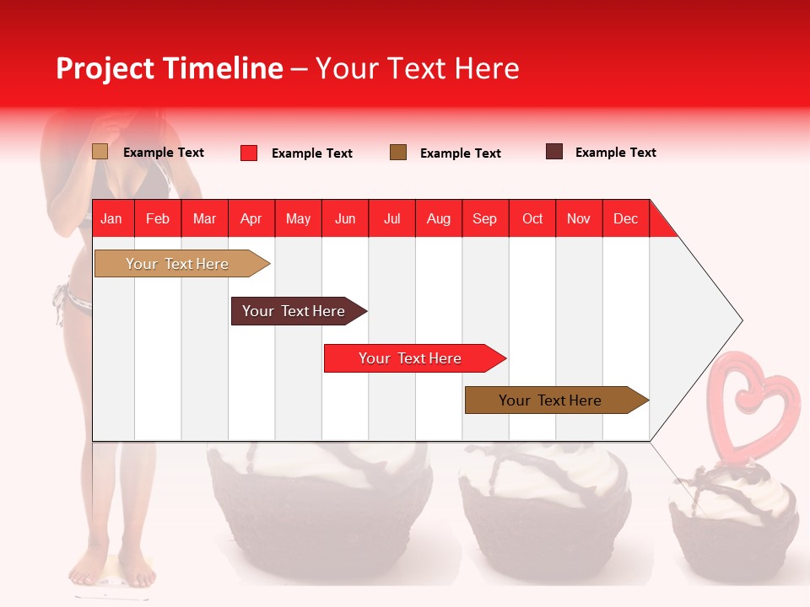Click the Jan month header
111,218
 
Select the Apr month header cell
251,218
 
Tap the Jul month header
391,218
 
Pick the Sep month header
484,218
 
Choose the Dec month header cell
625,218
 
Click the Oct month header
532,218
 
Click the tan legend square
100,152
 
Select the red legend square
249,153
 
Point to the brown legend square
398,153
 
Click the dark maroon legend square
554,152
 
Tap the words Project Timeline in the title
169,68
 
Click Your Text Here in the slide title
417,68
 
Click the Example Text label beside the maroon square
615,152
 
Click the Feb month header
158,218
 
